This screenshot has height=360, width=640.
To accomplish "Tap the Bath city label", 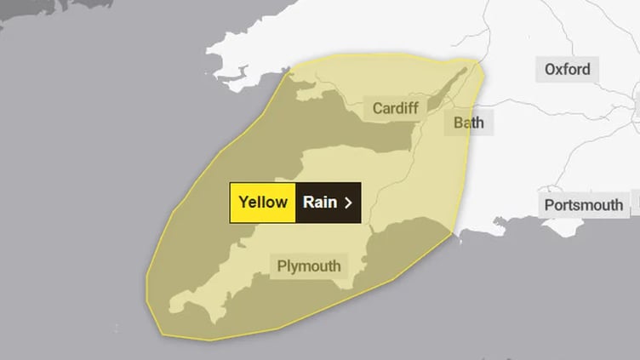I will [468, 123].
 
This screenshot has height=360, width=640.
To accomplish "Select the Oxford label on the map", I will [568, 69].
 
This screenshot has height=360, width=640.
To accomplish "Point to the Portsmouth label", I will [585, 205].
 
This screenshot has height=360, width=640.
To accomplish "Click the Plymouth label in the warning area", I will [309, 266].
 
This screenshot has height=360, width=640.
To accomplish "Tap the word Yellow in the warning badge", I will [263, 203].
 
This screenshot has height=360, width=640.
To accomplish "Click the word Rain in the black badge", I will [320, 203].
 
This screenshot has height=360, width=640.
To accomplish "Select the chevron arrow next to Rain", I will [347, 203].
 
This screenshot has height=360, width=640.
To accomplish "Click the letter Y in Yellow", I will [243, 203].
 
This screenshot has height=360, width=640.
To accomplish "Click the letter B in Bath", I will [458, 123].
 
